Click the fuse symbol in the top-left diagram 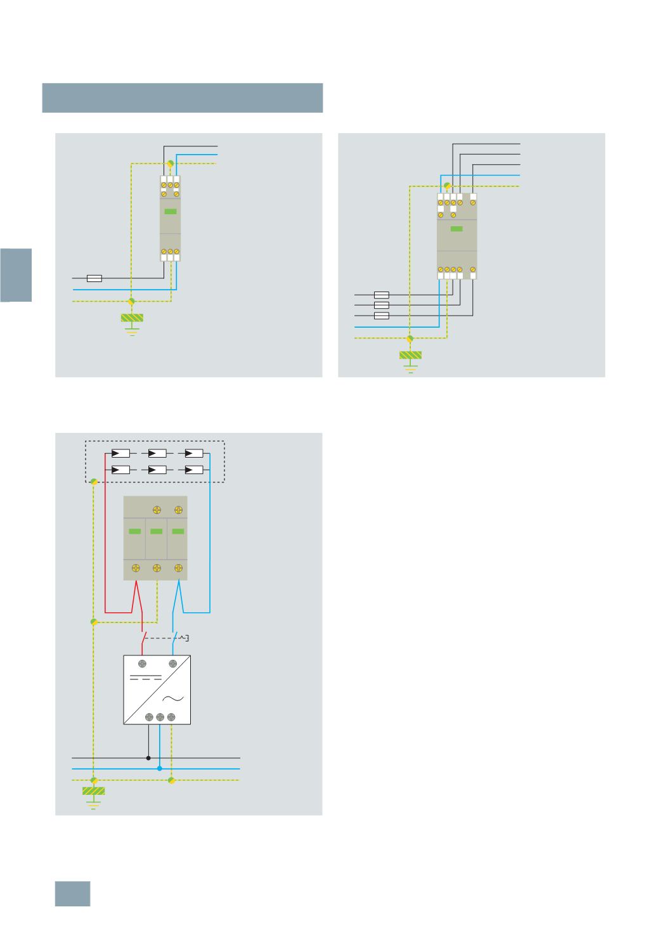point(94,278)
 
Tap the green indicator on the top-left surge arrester point(170,212)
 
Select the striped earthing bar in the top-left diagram point(132,318)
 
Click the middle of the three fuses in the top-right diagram point(381,305)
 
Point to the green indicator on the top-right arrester point(456,229)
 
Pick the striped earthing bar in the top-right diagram point(410,355)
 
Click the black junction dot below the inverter point(148,757)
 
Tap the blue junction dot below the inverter point(159,769)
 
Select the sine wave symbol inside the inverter point(172,698)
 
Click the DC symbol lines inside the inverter point(146,678)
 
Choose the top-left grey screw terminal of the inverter point(141,664)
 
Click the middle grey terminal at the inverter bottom point(160,717)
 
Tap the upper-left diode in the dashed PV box point(120,454)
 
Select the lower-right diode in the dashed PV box point(193,470)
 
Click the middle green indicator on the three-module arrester point(156,531)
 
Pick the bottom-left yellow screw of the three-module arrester point(135,569)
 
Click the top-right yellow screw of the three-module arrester point(179,510)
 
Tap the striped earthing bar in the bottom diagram point(93,791)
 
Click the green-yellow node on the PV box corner point(93,482)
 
